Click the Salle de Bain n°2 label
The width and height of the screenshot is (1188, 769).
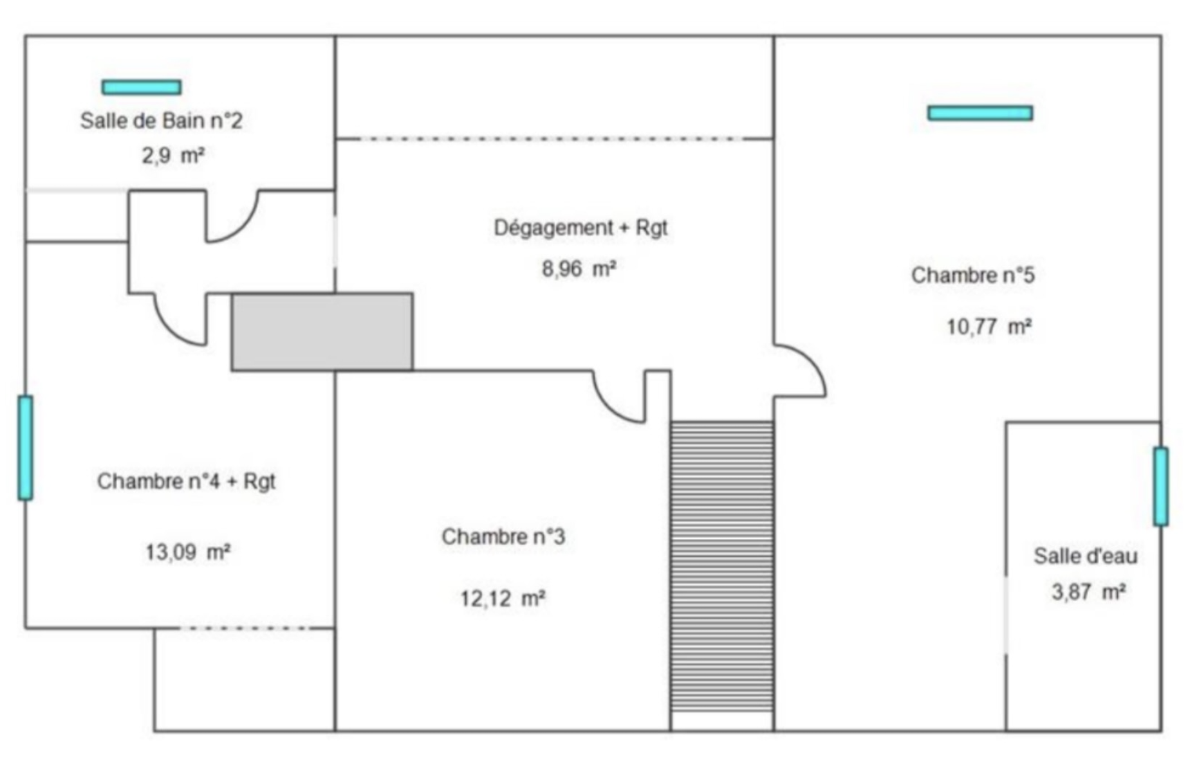161,121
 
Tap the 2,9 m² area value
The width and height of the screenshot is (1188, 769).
173,156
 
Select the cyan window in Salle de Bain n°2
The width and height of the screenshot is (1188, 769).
142,87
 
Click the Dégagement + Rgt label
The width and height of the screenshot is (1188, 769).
580,228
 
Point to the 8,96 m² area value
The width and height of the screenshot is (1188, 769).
579,268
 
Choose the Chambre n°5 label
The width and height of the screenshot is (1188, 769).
972,275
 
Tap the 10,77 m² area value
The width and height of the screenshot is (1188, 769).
988,327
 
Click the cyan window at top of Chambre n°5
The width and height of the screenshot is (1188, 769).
980,113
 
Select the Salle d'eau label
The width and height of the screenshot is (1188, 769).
1085,556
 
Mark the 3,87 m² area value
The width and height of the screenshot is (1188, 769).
1088,592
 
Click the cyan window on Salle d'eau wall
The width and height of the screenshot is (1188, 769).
1160,486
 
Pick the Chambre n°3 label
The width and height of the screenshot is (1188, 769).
503,536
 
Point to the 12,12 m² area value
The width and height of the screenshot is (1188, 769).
503,599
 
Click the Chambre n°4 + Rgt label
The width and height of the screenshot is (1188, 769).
186,481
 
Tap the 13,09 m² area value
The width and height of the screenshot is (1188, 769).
188,552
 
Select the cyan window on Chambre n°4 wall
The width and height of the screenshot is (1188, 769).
25,448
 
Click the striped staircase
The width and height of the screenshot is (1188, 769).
722,566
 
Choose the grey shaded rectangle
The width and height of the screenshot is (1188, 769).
322,332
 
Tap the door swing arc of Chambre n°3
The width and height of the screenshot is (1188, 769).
615,402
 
